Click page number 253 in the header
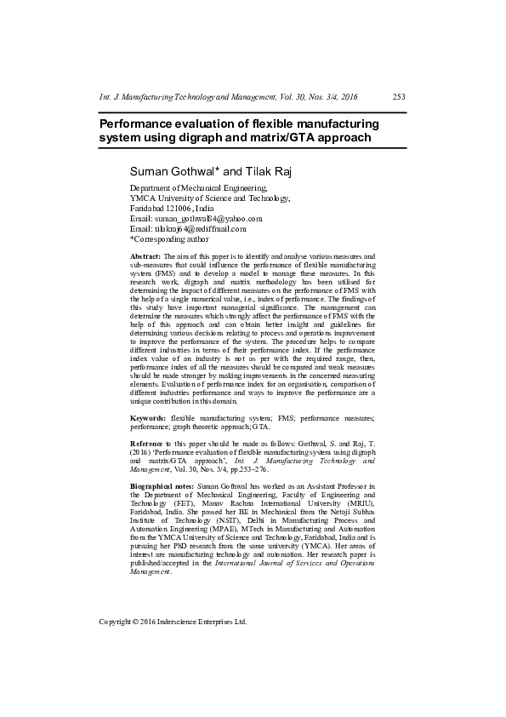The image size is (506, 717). pos(398,97)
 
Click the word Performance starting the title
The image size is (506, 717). pos(139,123)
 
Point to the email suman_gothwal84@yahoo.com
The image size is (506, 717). pos(208,219)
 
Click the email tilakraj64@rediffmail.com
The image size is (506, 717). pos(200,229)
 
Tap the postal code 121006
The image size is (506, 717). pos(179,209)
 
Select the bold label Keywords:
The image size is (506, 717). pos(148,418)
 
